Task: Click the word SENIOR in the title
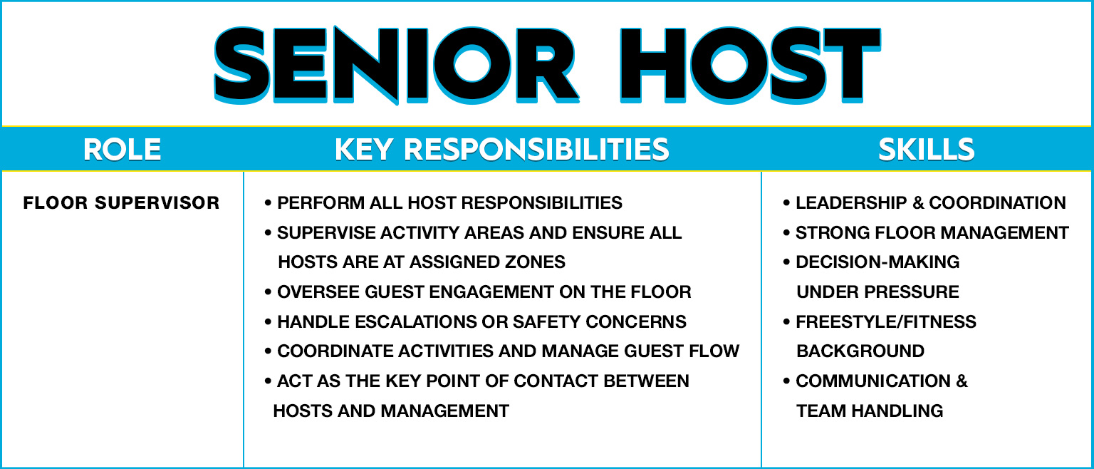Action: (397, 65)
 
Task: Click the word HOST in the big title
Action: (751, 65)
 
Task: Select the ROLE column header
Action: (122, 150)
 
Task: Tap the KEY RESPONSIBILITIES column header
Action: (502, 150)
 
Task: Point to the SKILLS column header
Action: (927, 150)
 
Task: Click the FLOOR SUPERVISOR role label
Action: (121, 202)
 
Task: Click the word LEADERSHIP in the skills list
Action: (851, 202)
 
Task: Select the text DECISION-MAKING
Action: (877, 262)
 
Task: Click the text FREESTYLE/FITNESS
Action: (886, 322)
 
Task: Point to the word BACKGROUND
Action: (860, 351)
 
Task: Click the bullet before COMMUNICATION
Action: (786, 381)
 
